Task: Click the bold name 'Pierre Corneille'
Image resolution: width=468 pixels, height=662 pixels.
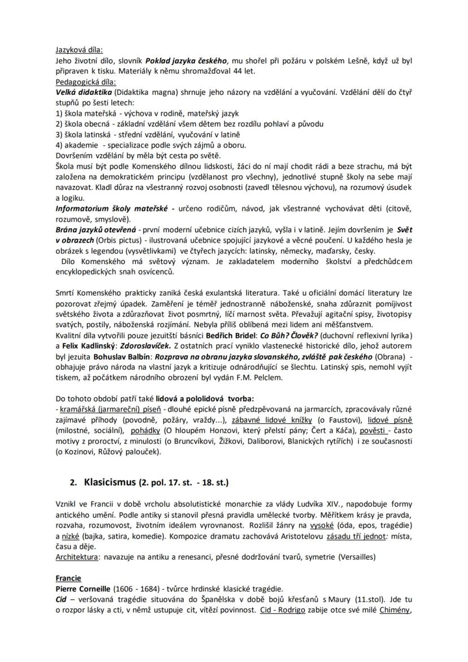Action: [x=84, y=589]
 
